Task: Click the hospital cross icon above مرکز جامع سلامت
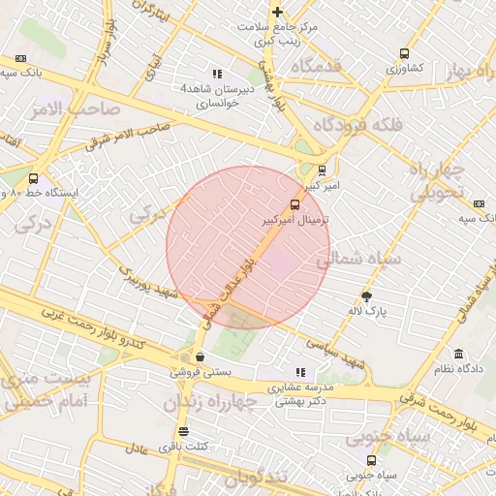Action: click(x=277, y=12)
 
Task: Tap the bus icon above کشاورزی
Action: click(x=403, y=53)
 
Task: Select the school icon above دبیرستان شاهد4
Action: click(x=217, y=73)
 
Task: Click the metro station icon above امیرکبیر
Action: click(x=322, y=170)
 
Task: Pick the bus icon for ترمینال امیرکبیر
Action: click(x=294, y=204)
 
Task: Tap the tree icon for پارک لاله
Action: click(x=367, y=296)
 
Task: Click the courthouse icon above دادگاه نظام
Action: click(x=457, y=355)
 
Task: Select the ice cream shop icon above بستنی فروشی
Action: click(x=200, y=356)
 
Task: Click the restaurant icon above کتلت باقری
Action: click(x=183, y=432)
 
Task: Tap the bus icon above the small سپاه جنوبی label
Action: click(x=372, y=460)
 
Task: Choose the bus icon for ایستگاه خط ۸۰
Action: click(x=34, y=178)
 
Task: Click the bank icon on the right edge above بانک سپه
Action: click(x=479, y=203)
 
